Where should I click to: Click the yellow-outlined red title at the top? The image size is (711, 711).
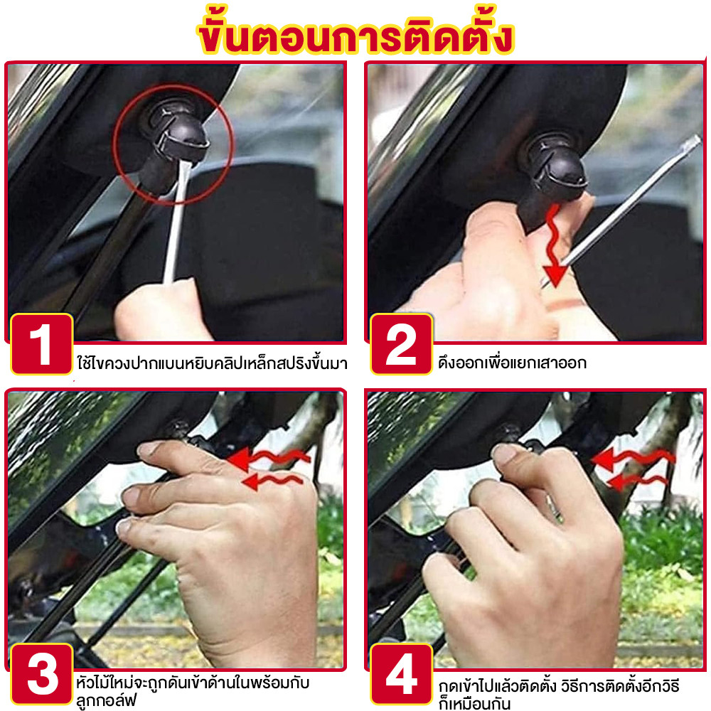coord(356,32)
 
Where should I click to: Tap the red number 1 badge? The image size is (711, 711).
coord(42,343)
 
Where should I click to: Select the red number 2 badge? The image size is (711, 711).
coord(401,343)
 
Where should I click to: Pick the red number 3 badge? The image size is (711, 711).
coord(42,674)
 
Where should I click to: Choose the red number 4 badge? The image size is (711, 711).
coord(401,674)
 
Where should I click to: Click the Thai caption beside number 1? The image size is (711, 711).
coord(212,363)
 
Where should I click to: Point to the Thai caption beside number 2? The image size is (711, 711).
coord(512,363)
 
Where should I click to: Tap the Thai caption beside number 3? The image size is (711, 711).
coord(193,692)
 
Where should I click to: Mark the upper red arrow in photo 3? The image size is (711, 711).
coord(269,458)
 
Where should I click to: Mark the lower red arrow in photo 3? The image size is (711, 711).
coord(272,481)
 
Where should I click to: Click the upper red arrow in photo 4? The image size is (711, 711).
coord(633,458)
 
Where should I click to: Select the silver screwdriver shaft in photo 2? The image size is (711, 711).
coord(621,211)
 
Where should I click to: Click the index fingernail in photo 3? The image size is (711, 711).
coord(150,449)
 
